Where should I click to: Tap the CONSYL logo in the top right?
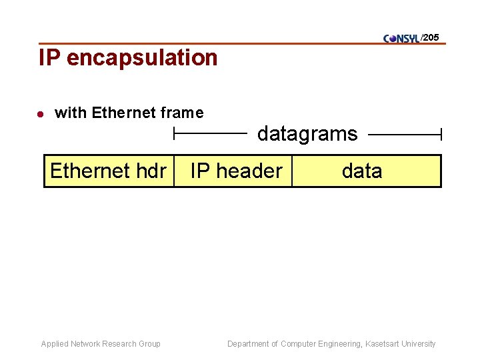pyautogui.click(x=401, y=39)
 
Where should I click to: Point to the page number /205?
pyautogui.click(x=430, y=37)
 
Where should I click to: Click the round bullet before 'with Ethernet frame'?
pyautogui.click(x=40, y=114)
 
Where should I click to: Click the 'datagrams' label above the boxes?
pyautogui.click(x=307, y=134)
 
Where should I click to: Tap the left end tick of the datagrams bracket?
pyautogui.click(x=174, y=135)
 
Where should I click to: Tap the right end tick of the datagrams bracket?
pyautogui.click(x=441, y=135)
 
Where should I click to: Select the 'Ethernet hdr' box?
pyautogui.click(x=109, y=171)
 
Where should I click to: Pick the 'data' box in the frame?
pyautogui.click(x=362, y=171)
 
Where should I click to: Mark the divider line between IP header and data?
pyautogui.click(x=292, y=171)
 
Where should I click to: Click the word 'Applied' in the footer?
pyautogui.click(x=55, y=344)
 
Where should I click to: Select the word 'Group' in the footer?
pyautogui.click(x=149, y=344)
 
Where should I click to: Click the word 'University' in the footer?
pyautogui.click(x=418, y=344)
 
